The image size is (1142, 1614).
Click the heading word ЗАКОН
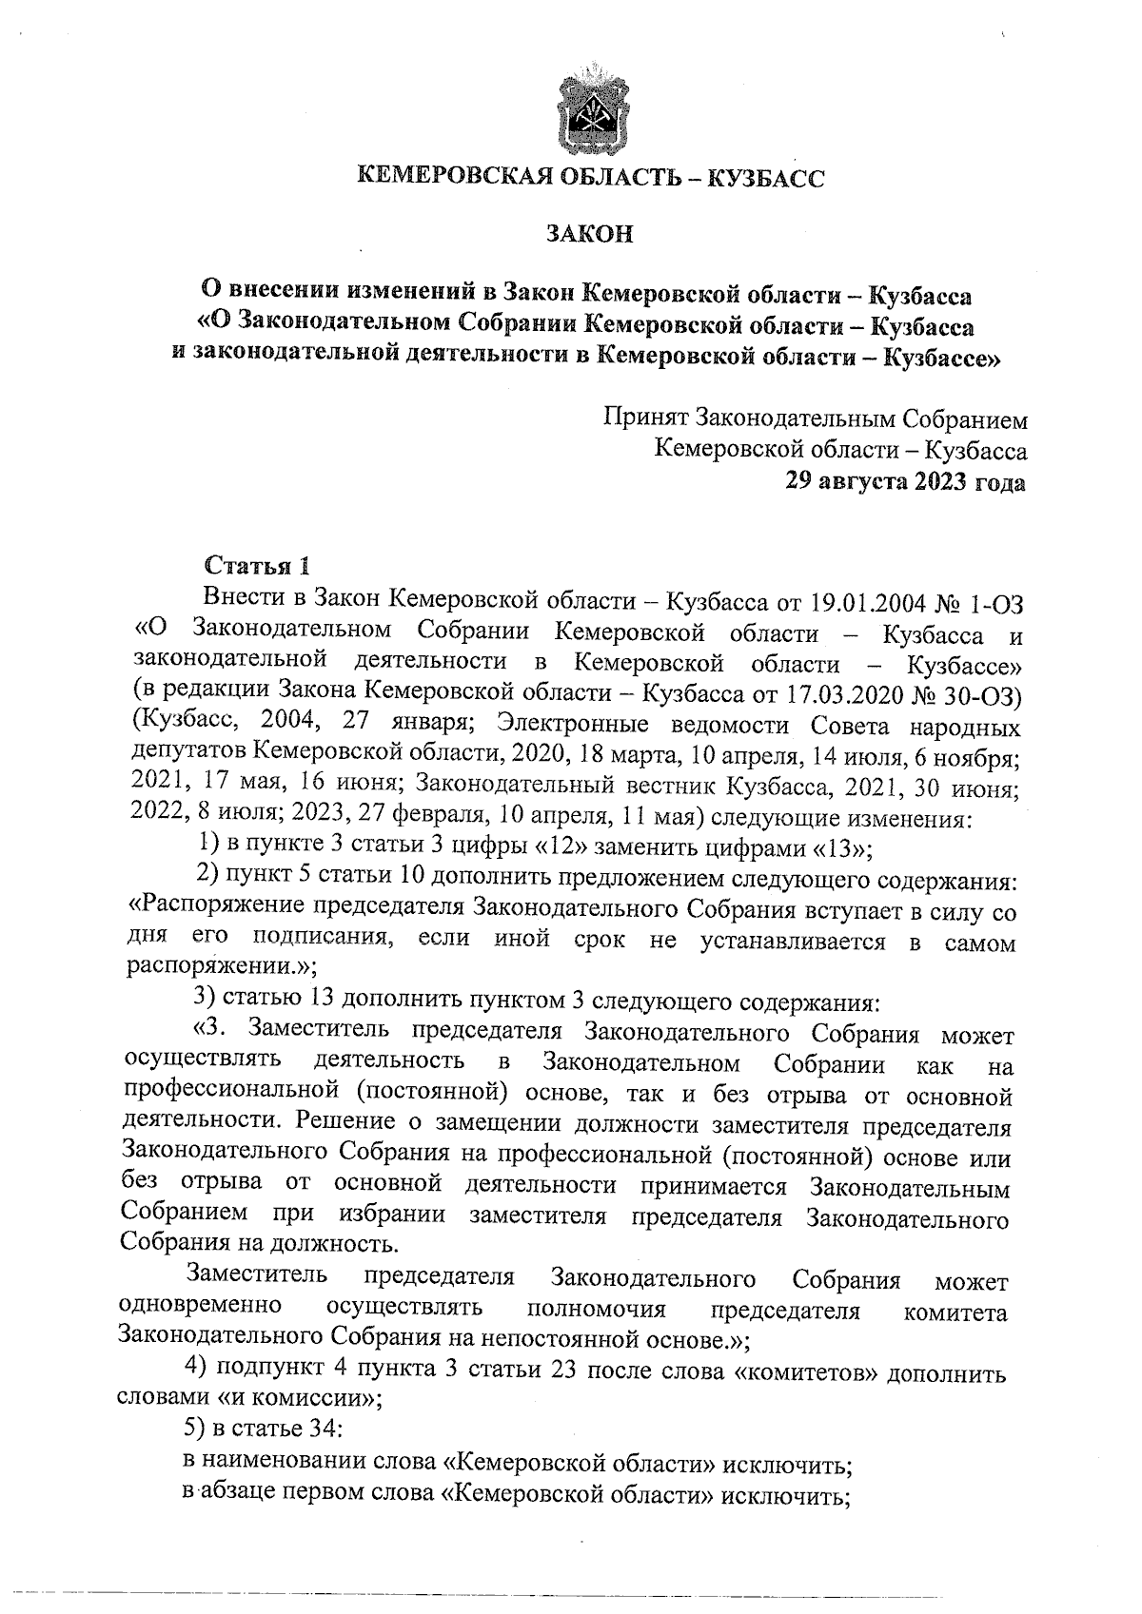[x=590, y=234]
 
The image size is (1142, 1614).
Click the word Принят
[x=646, y=418]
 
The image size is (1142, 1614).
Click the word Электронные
[x=572, y=725]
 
